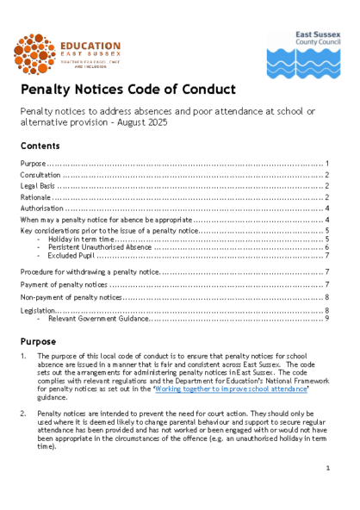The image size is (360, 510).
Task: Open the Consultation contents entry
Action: (x=40, y=174)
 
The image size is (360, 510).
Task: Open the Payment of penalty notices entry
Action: (x=64, y=284)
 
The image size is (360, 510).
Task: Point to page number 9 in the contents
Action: (x=327, y=319)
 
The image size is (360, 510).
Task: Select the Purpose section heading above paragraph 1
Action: (x=39, y=340)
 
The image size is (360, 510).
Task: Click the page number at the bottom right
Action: (x=328, y=468)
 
